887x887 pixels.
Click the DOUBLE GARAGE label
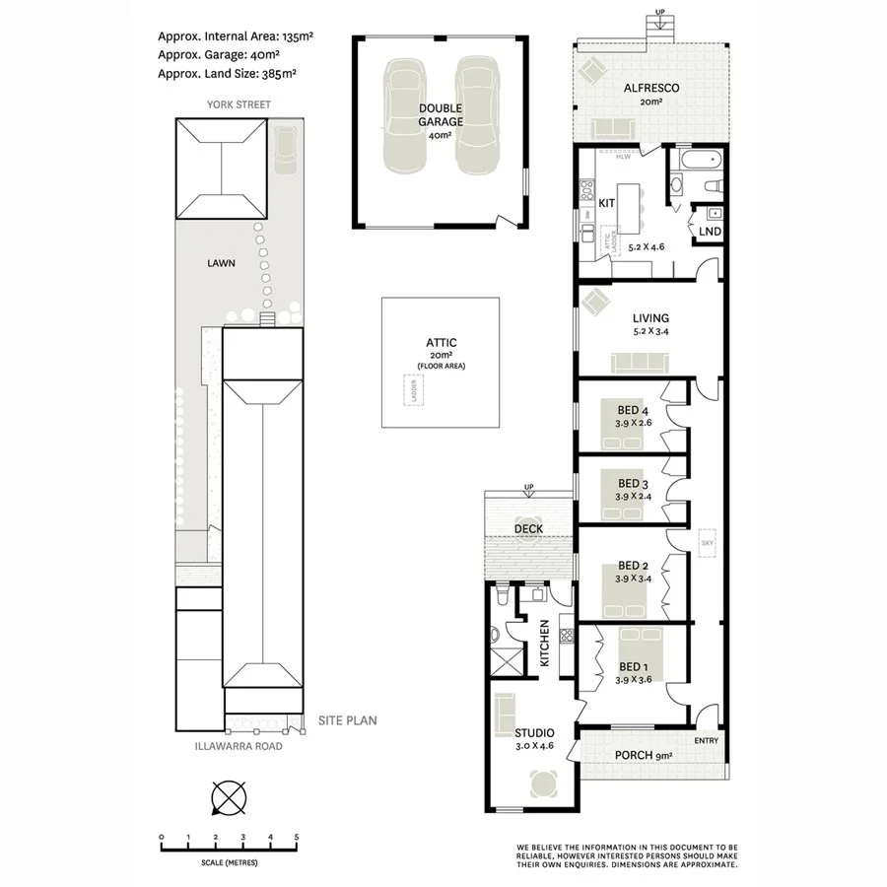(x=440, y=115)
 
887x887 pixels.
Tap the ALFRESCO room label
(x=651, y=88)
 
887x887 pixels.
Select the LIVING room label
(x=650, y=318)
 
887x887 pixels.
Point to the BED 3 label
(x=633, y=483)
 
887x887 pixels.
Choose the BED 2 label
(x=633, y=565)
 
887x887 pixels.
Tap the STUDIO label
(x=534, y=733)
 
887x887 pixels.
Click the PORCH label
(x=636, y=757)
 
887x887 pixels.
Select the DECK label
(x=530, y=529)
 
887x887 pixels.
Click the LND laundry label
(x=710, y=233)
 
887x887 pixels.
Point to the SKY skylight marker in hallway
(x=707, y=543)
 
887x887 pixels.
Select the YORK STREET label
(x=239, y=104)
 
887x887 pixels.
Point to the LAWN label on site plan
(x=220, y=264)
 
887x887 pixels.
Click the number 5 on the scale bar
(x=297, y=837)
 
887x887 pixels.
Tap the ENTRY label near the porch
(x=706, y=741)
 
